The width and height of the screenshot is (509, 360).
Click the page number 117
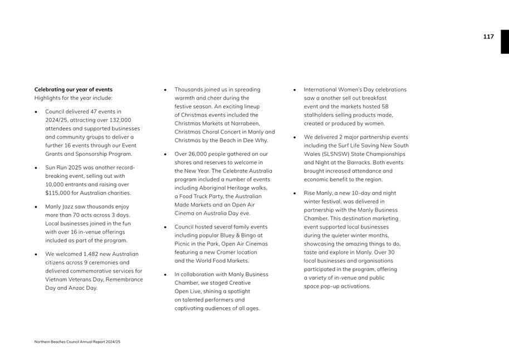click(488, 37)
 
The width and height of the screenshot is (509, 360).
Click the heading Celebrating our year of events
click(74, 90)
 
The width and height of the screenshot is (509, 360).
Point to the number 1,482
click(92, 254)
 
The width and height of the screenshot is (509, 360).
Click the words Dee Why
click(256, 140)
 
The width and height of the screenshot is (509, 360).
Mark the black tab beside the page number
click(505, 42)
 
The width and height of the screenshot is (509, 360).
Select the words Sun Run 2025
click(64, 167)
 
